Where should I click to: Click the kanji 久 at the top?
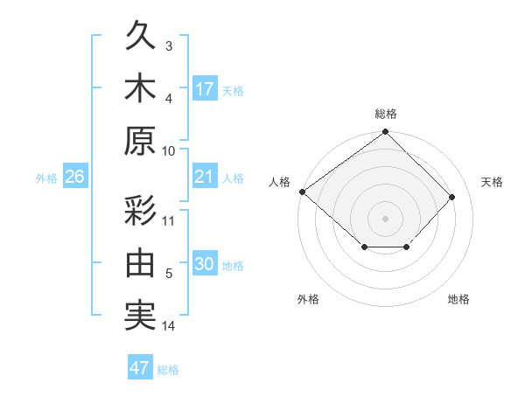tap(141, 38)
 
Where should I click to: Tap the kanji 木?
tap(141, 88)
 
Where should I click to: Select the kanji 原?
tap(141, 140)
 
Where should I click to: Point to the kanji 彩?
tap(141, 211)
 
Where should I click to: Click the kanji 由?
tap(141, 263)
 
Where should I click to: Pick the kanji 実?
tap(141, 316)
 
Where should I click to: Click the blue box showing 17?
tap(205, 89)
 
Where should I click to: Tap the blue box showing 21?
tap(205, 178)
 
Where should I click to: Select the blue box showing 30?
tap(205, 265)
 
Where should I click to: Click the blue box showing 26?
tap(74, 178)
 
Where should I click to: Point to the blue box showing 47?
tap(140, 368)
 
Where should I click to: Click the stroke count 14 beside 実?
tap(169, 327)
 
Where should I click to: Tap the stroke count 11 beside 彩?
tap(169, 220)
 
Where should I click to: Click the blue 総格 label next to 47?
tap(168, 370)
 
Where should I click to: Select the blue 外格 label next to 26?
tap(46, 178)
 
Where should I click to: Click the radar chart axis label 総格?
tap(386, 114)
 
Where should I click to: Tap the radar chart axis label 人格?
tap(279, 182)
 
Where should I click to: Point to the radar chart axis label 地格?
tap(458, 300)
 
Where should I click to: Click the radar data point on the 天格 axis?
tap(452, 197)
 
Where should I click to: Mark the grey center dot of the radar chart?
tap(385, 218)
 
